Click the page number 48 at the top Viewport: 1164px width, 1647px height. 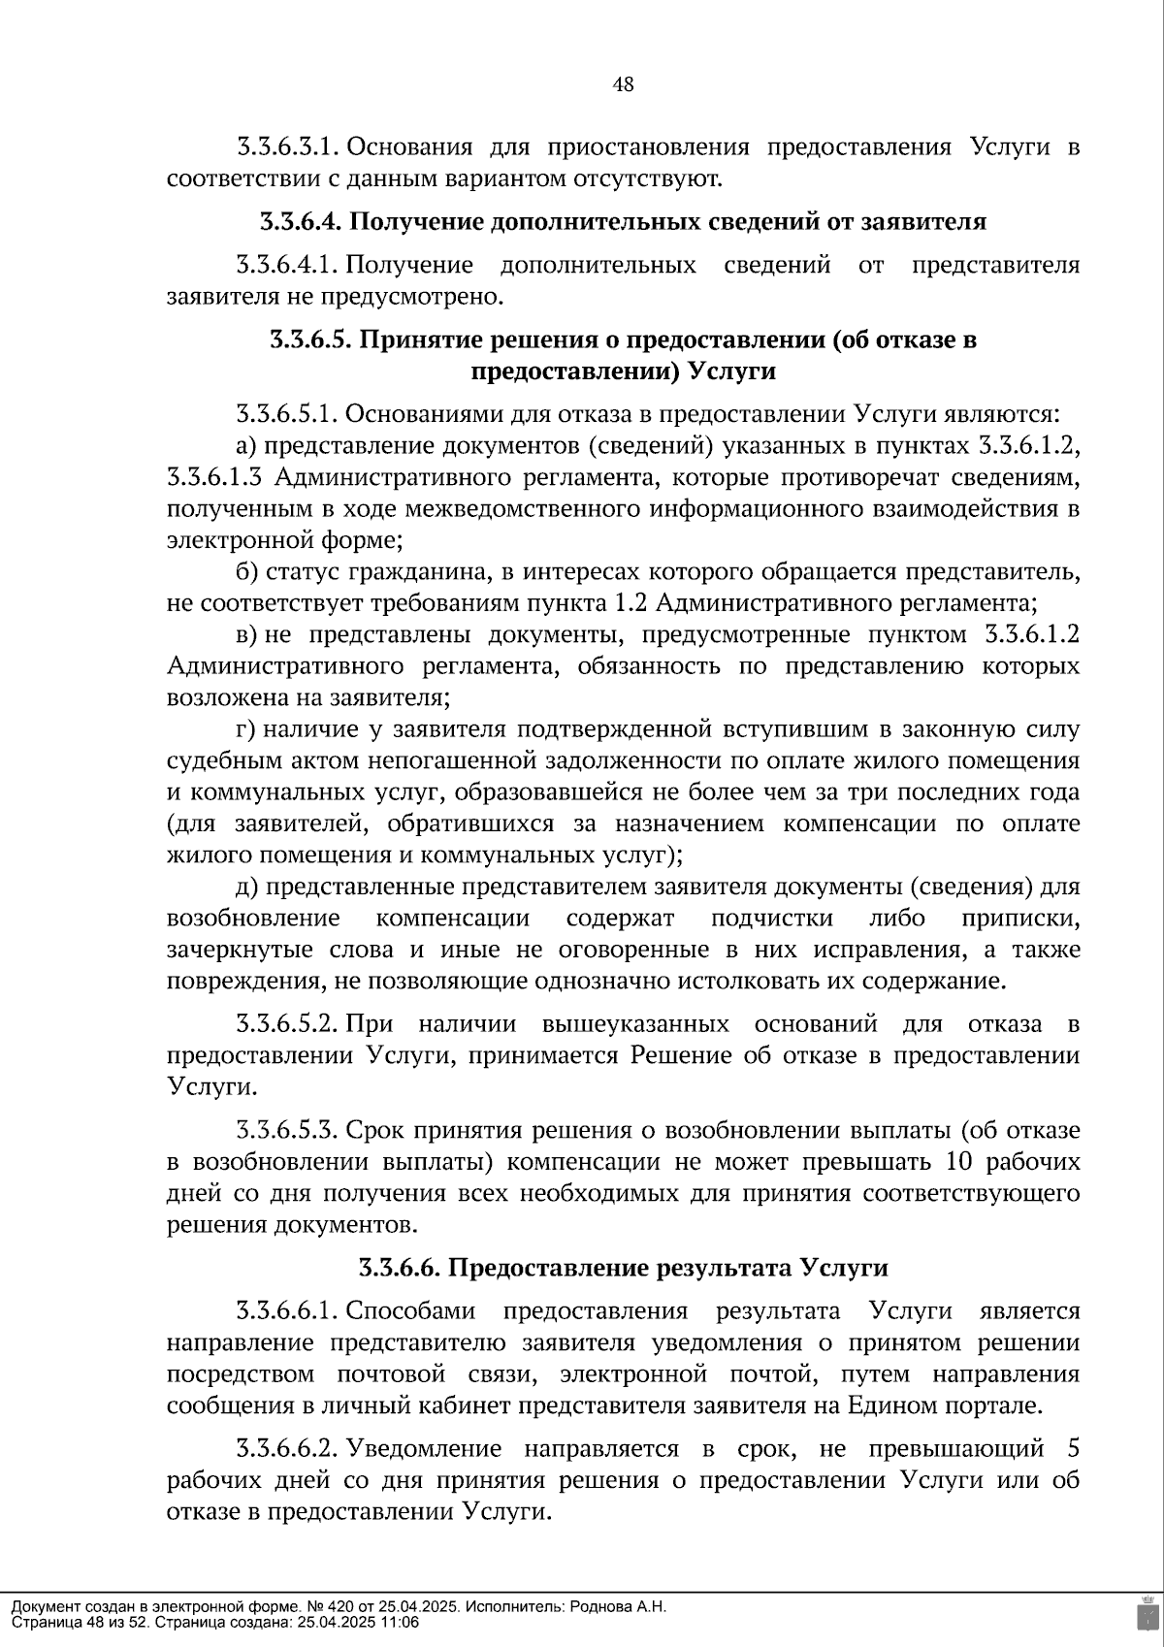pyautogui.click(x=624, y=85)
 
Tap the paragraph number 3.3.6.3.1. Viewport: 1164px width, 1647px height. pyautogui.click(x=286, y=148)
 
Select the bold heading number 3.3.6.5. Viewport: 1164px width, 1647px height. pyautogui.click(x=311, y=340)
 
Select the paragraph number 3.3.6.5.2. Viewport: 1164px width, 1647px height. pyautogui.click(x=286, y=1025)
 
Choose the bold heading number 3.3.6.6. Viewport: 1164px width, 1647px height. pyautogui.click(x=400, y=1268)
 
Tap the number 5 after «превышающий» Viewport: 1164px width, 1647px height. pyautogui.click(x=1072, y=1449)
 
